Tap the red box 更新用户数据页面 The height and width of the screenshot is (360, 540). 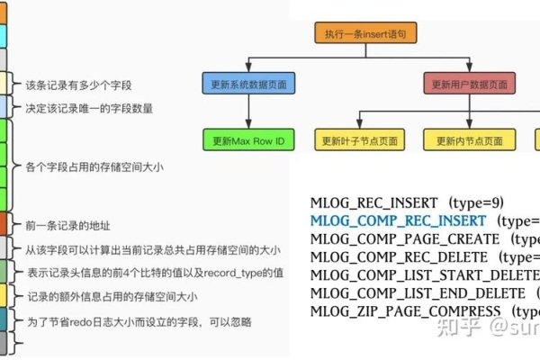point(470,85)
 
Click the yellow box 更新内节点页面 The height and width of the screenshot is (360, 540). point(470,140)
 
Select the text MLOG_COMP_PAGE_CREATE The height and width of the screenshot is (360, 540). point(404,239)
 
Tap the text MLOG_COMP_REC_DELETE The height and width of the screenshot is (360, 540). point(397,257)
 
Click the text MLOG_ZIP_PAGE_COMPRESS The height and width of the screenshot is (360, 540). point(406,311)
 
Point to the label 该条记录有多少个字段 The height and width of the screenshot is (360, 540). point(79,85)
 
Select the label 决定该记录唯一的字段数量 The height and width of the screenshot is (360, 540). point(88,109)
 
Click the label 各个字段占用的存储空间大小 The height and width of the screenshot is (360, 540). point(94,167)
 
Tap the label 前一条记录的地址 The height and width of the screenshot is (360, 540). point(68,224)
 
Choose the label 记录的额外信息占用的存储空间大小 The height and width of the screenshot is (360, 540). point(111,296)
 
